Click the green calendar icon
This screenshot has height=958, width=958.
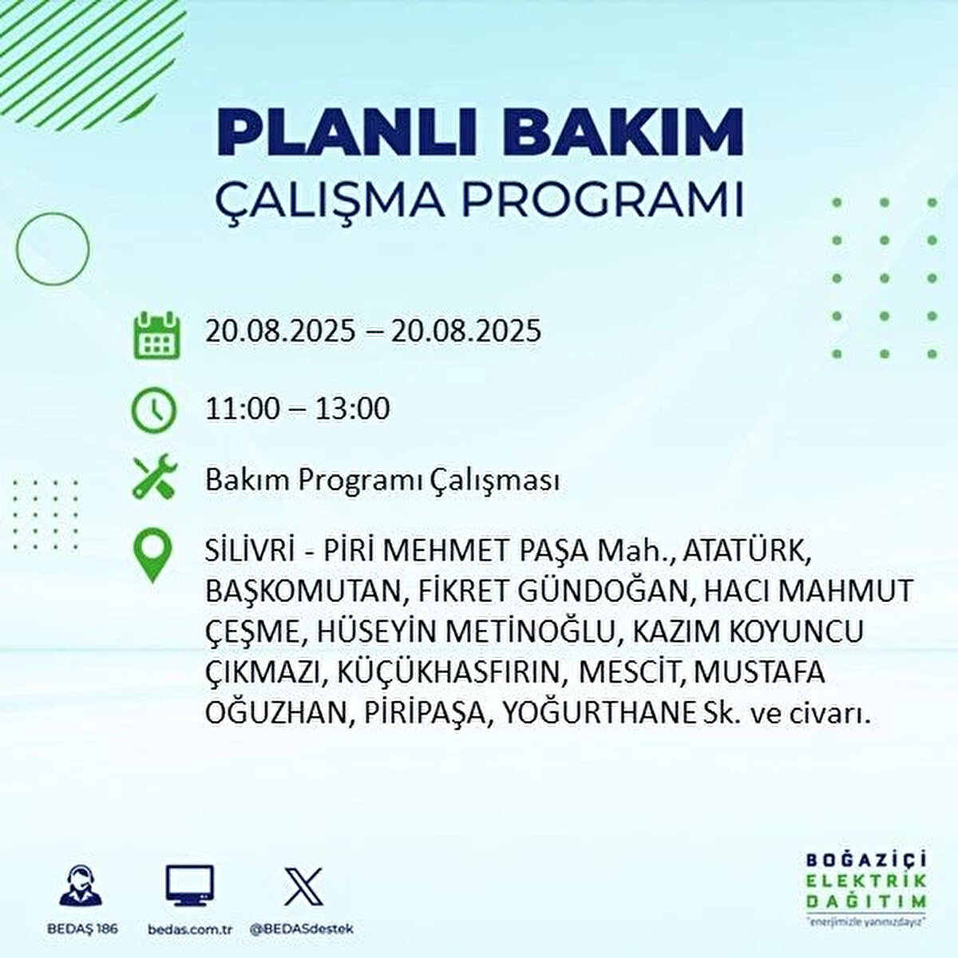point(157,335)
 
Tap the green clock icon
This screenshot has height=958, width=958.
point(153,410)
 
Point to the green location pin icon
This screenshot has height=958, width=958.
point(153,556)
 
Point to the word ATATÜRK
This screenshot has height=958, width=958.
point(746,552)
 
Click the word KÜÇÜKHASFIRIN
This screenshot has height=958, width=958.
point(457,673)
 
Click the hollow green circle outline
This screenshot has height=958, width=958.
point(53,212)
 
